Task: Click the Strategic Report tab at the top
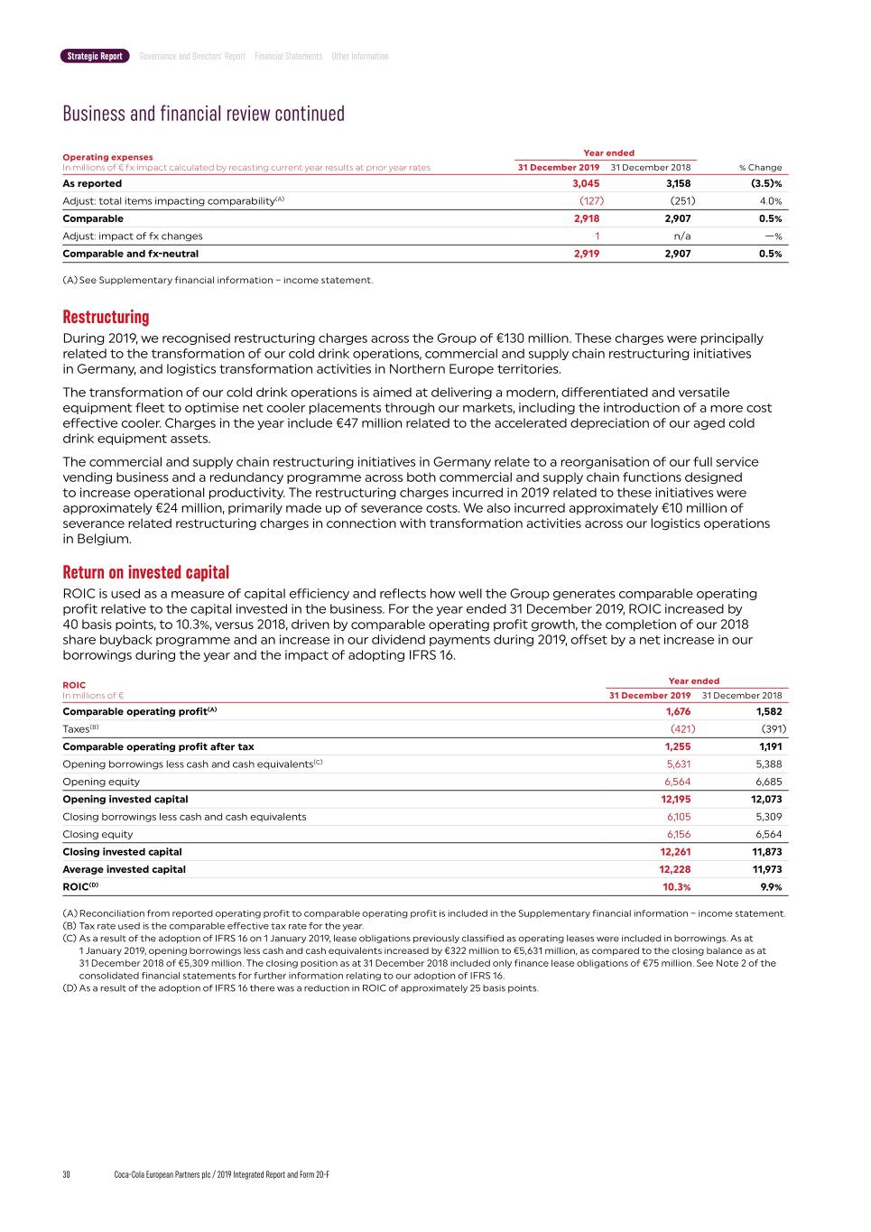95,56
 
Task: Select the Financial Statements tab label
288,56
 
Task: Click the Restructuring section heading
106,317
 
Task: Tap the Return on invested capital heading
145,572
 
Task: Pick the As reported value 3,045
586,183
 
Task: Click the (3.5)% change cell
766,183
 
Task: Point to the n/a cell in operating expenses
682,236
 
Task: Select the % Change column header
760,167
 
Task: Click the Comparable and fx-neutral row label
130,254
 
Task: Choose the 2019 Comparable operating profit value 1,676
678,711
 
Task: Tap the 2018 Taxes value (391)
773,729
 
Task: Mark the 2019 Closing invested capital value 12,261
675,852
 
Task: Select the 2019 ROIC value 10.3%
676,887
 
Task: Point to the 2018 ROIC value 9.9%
771,887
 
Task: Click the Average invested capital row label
124,869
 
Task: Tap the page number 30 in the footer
66,1174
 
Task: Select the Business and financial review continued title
203,114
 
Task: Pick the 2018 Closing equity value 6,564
768,834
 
